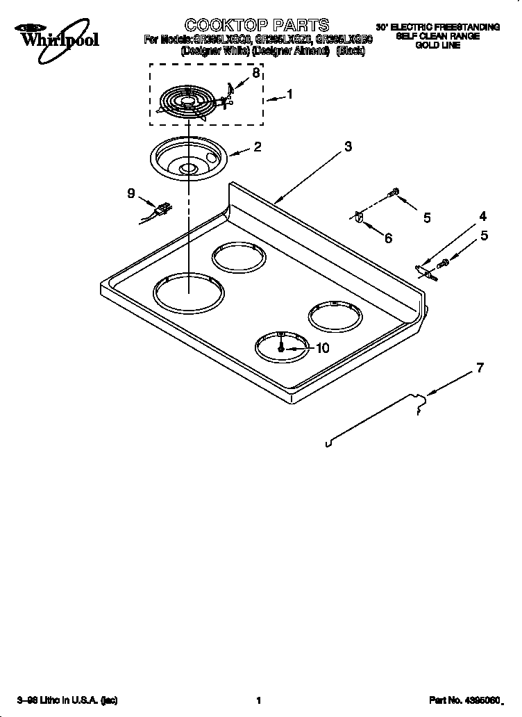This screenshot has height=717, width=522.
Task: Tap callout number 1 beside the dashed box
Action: click(289, 95)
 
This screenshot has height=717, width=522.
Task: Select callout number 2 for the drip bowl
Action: click(257, 147)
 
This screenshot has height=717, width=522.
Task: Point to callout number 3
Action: click(348, 147)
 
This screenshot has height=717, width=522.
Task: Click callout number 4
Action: click(482, 216)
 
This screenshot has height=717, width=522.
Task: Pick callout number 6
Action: click(387, 238)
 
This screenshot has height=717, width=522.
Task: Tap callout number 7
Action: click(478, 368)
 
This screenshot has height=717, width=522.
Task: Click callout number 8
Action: click(256, 73)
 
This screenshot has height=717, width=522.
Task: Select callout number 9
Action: click(131, 194)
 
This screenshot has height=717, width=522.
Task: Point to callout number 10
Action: click(322, 349)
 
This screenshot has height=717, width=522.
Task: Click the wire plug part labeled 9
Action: click(162, 208)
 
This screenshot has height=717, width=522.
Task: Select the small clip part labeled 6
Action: click(358, 217)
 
